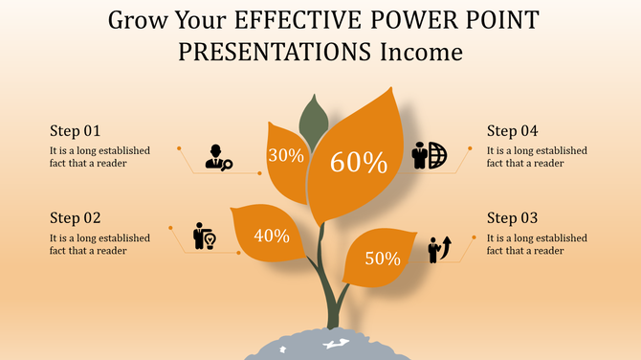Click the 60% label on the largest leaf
359,162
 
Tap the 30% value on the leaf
286,155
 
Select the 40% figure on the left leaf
272,236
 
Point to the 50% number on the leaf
382,258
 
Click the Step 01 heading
75,131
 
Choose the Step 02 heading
75,218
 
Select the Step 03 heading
512,218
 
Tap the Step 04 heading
512,131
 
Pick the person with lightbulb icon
205,236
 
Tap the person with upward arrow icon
438,249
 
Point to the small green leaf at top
313,123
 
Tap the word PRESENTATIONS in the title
276,51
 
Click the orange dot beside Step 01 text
179,148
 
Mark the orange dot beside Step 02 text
170,228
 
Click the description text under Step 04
537,156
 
